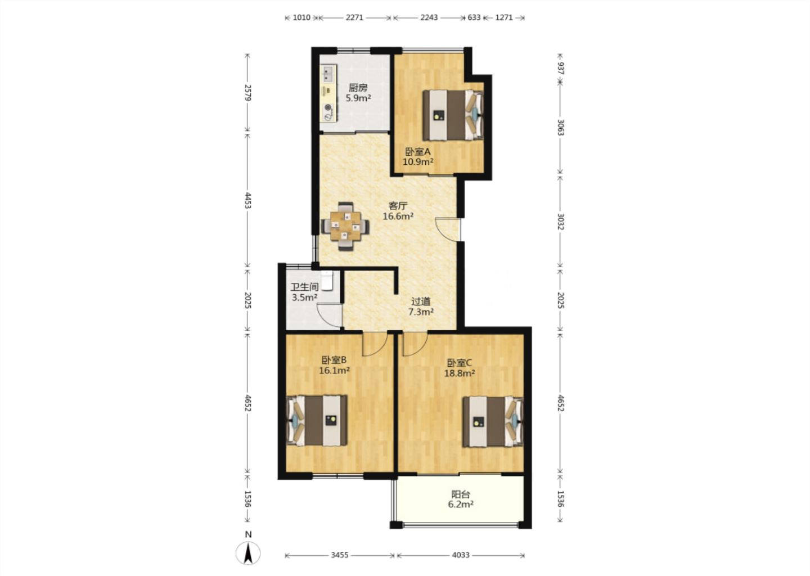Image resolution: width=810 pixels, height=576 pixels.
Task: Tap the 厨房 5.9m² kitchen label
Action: [x=358, y=93]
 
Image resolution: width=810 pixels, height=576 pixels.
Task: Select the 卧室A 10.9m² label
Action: [x=418, y=156]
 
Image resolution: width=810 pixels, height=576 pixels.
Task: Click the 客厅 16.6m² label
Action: [x=398, y=211]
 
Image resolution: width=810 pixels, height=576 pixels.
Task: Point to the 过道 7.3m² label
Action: [x=421, y=307]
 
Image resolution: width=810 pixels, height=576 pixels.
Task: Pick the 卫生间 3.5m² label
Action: [x=304, y=292]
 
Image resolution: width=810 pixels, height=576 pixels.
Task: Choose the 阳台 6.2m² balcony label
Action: [x=461, y=499]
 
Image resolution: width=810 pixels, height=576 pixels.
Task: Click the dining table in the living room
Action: [x=345, y=226]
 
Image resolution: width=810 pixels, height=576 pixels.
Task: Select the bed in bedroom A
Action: [x=453, y=115]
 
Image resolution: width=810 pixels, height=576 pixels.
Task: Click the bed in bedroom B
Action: [x=317, y=421]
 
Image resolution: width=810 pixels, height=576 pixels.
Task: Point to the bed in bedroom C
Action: [x=493, y=422]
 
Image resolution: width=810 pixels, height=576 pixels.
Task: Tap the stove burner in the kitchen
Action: [x=328, y=107]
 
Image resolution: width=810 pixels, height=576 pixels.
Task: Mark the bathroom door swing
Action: [x=330, y=316]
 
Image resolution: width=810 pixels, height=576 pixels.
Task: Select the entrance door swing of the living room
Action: [x=448, y=229]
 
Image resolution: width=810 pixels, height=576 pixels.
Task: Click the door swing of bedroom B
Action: [x=375, y=344]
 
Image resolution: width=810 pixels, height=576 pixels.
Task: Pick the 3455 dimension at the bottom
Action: [x=340, y=555]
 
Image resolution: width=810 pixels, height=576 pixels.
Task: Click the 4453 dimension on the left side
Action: [x=247, y=200]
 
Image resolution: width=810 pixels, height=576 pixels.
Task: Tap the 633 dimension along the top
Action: [x=474, y=17]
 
